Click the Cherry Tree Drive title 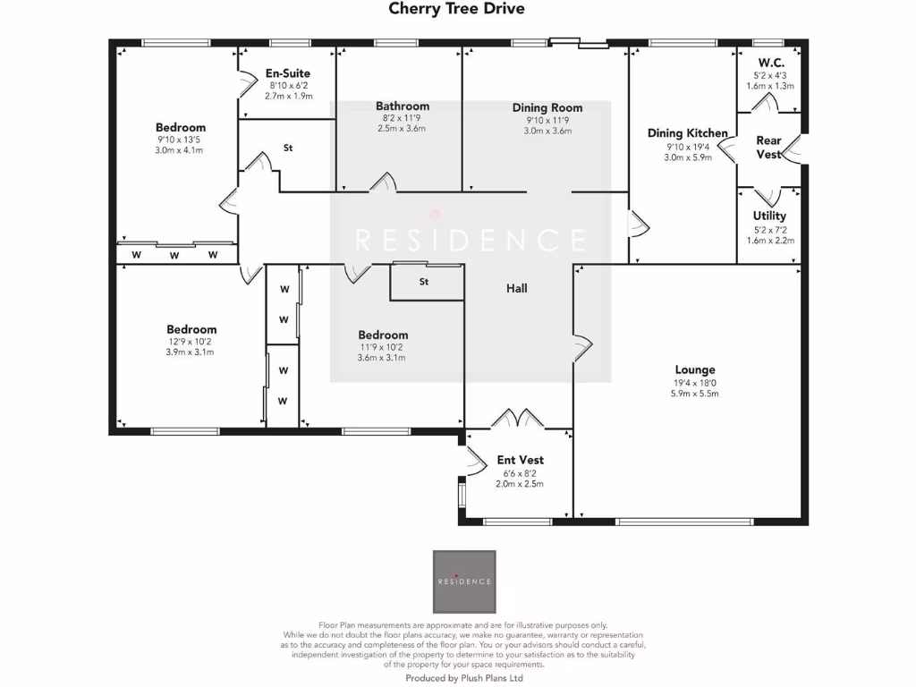[456, 9]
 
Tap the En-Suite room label [288, 74]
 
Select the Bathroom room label [403, 106]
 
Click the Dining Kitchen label [688, 133]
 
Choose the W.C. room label [771, 63]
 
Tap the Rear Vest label [768, 148]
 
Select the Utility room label [769, 216]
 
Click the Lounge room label [695, 369]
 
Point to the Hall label [517, 288]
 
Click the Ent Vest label [520, 460]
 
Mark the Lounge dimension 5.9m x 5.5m [695, 394]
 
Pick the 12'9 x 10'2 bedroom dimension [191, 341]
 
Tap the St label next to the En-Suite [288, 148]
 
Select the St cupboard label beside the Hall [424, 283]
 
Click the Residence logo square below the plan [464, 581]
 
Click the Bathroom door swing [383, 182]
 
